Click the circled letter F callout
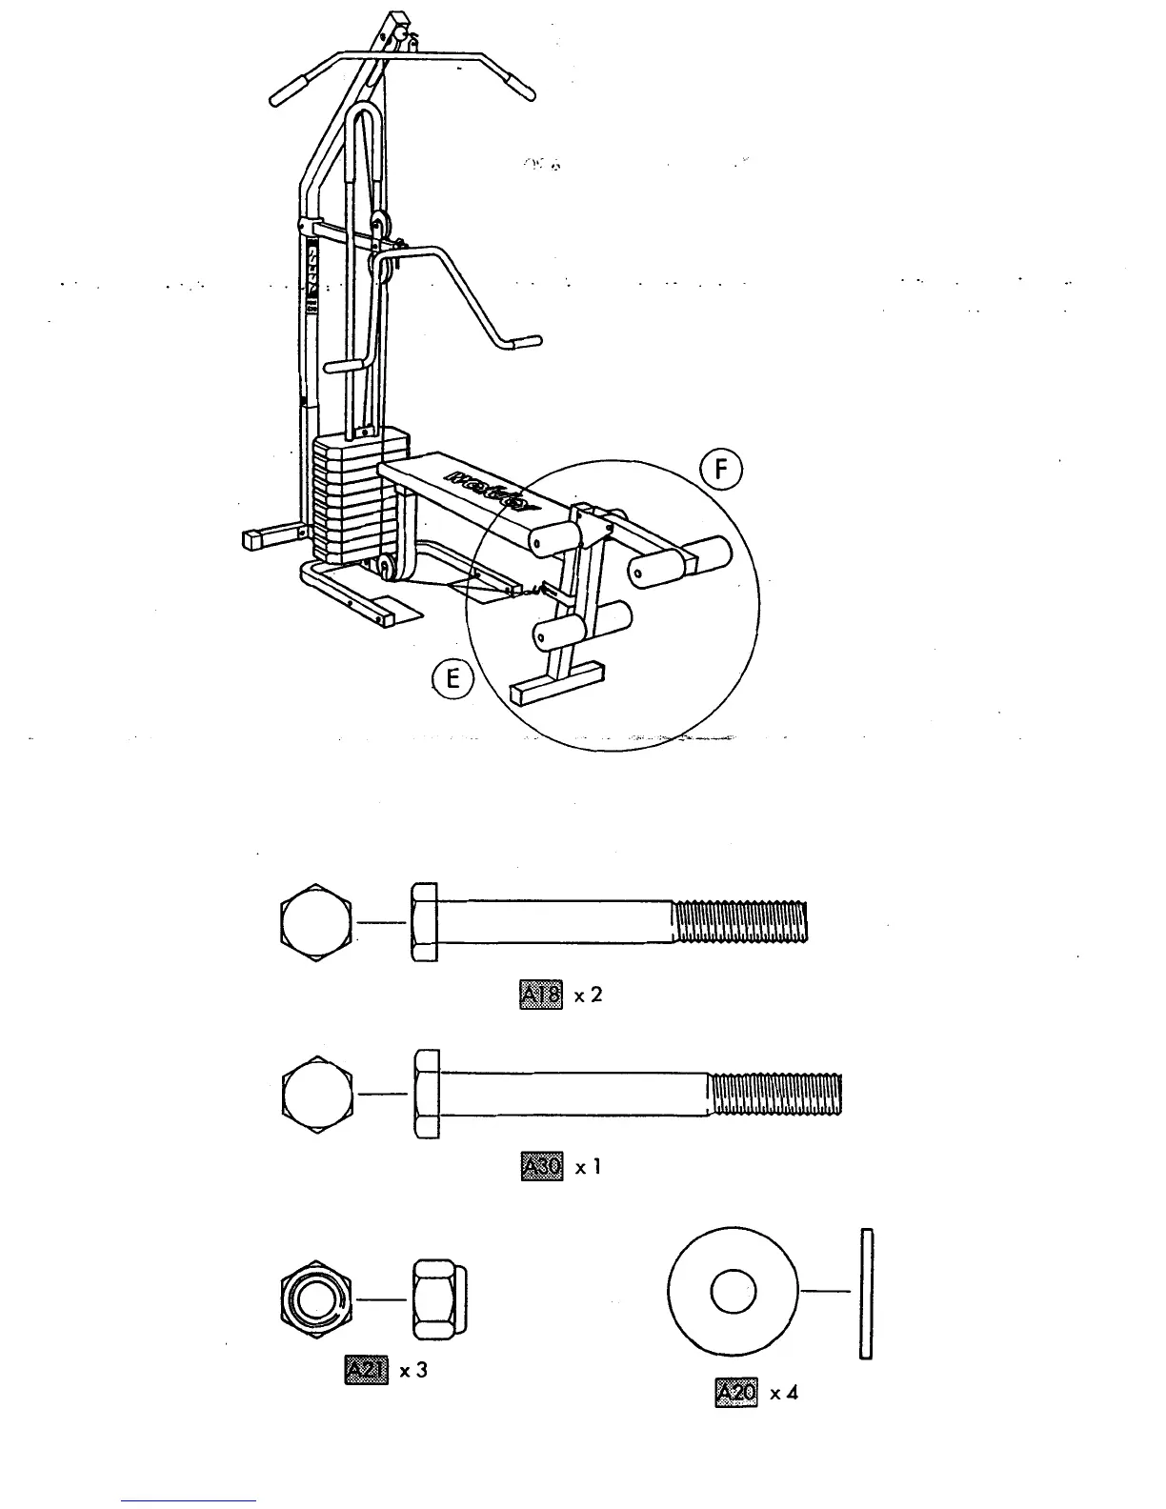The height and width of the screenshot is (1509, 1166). pos(721,472)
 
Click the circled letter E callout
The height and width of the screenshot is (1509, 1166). pos(452,680)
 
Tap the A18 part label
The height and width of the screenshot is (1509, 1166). pos(541,995)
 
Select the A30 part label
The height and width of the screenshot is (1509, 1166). pos(542,1166)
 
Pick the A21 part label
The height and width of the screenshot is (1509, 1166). pos(367,1370)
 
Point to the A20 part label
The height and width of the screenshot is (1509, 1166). pos(734,1392)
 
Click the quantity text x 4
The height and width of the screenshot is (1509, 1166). pos(784,1393)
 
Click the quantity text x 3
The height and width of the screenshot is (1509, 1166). pos(413,1371)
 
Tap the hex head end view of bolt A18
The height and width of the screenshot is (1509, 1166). pos(316,922)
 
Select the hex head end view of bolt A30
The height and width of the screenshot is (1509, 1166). pos(318,1095)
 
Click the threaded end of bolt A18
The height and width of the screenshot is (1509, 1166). pos(740,922)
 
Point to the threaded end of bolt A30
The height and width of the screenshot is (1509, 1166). pos(776,1094)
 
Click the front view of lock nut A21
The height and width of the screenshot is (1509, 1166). pos(317,1298)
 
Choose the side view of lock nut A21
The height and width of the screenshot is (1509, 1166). pos(439,1298)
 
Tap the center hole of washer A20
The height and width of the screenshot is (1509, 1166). pos(733,1292)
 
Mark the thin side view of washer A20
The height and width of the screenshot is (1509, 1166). pos(865,1293)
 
